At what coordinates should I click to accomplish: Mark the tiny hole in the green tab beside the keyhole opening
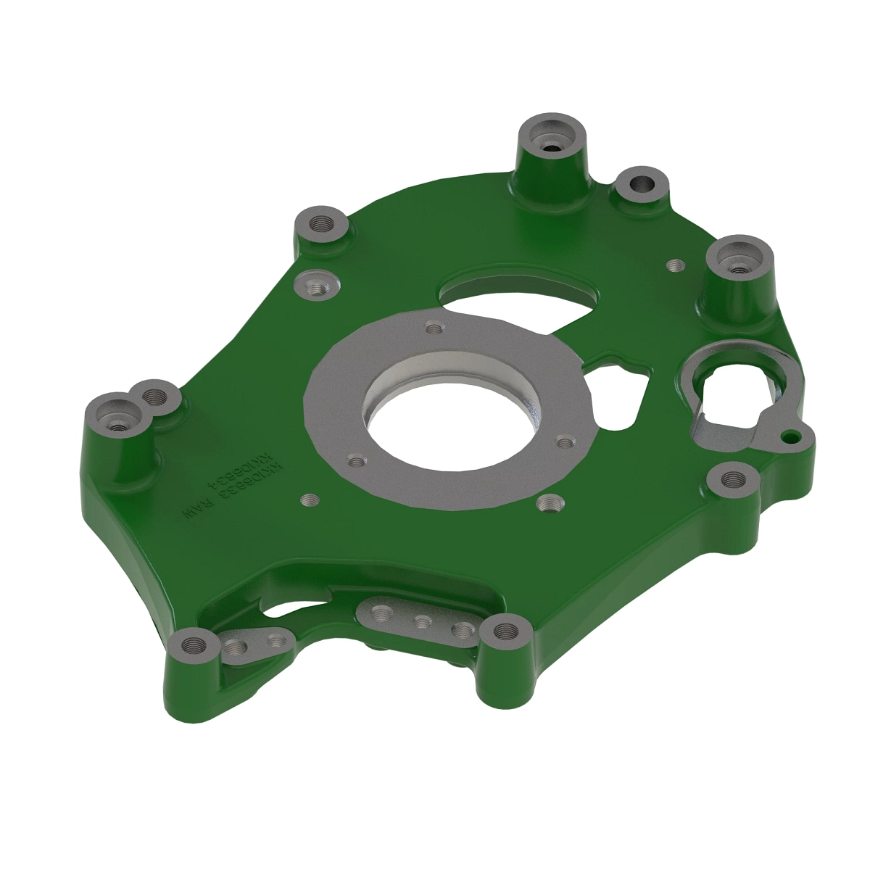pyautogui.click(x=792, y=436)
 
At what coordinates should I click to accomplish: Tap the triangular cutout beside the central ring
pyautogui.click(x=616, y=395)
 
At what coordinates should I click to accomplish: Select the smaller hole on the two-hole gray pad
pyautogui.click(x=274, y=642)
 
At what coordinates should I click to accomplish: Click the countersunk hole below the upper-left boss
pyautogui.click(x=318, y=287)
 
